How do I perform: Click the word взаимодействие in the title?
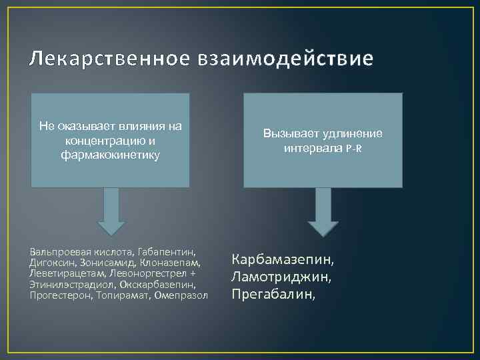pos(285,59)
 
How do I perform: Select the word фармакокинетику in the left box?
pos(110,154)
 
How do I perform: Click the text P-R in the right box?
pos(354,147)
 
